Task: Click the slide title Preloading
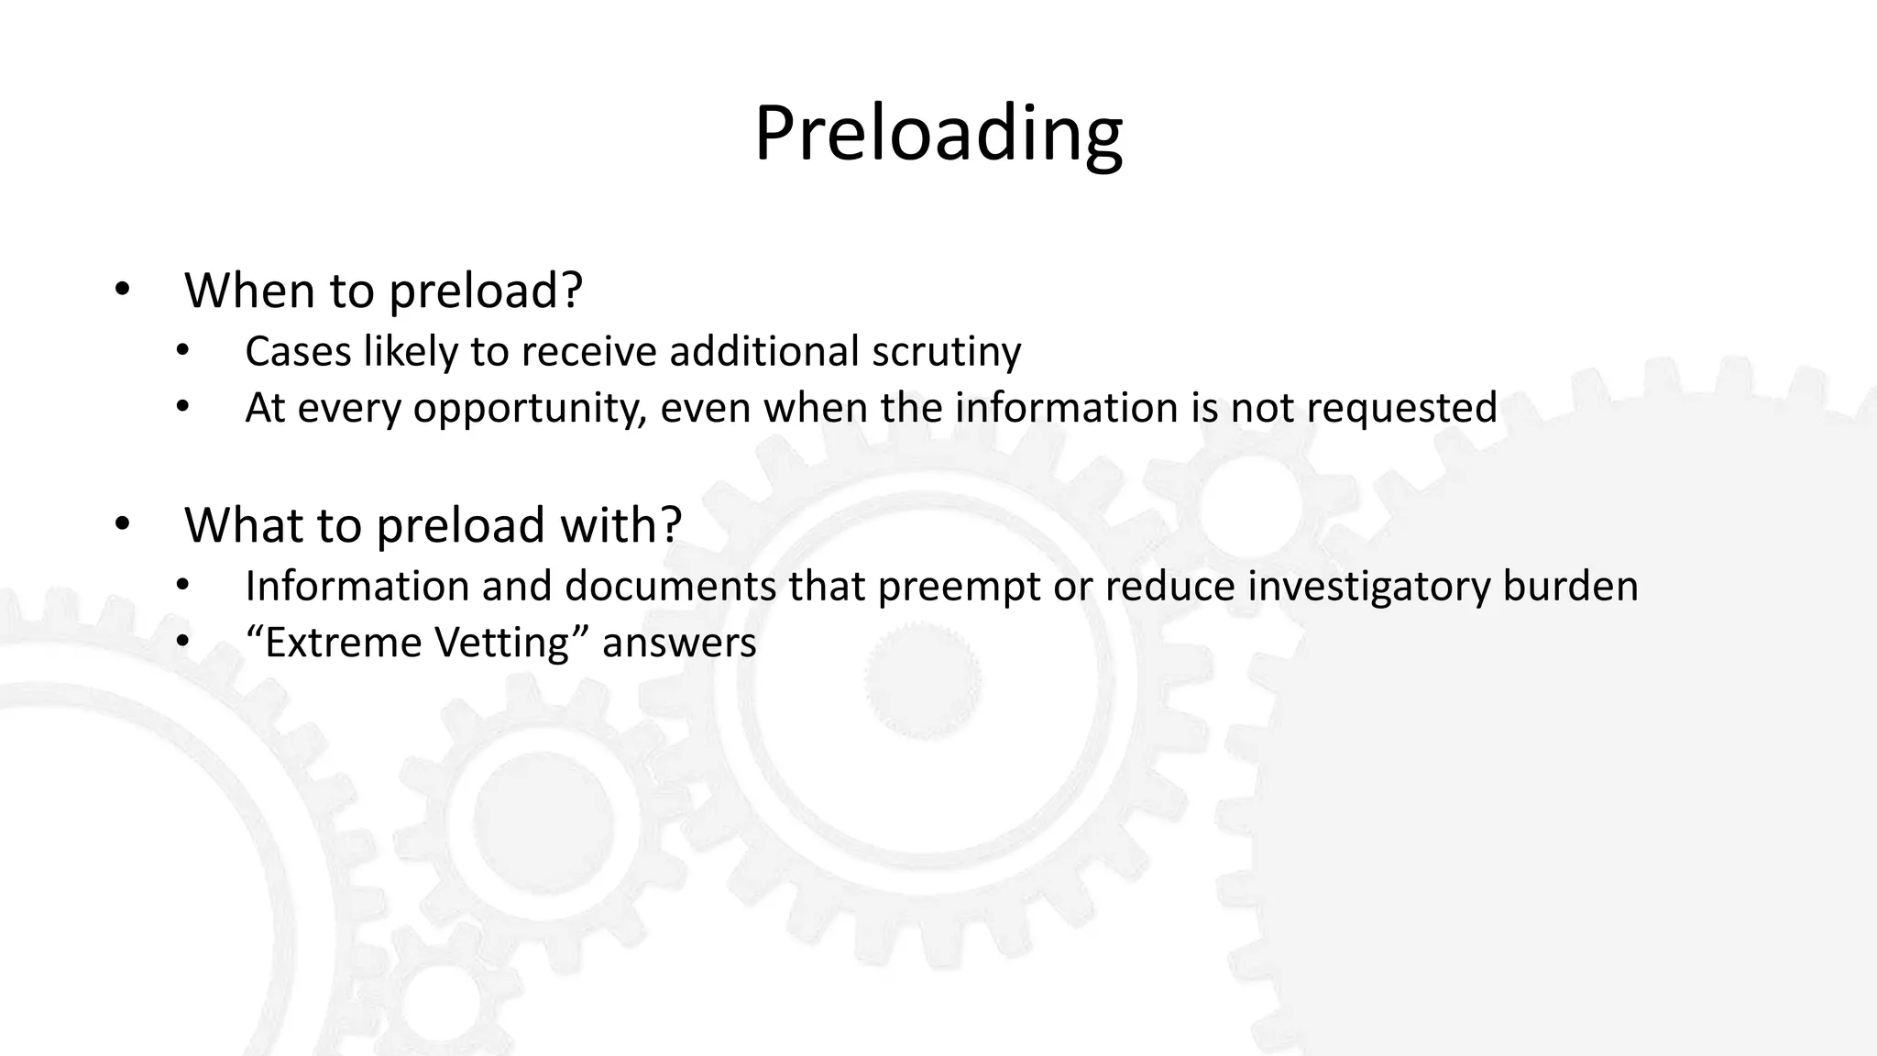pyautogui.click(x=938, y=135)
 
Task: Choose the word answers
pyautogui.click(x=679, y=643)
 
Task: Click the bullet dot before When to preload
pyautogui.click(x=123, y=291)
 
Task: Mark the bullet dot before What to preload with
pyautogui.click(x=123, y=525)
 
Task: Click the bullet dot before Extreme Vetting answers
pyautogui.click(x=183, y=643)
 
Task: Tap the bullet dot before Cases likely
pyautogui.click(x=183, y=352)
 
